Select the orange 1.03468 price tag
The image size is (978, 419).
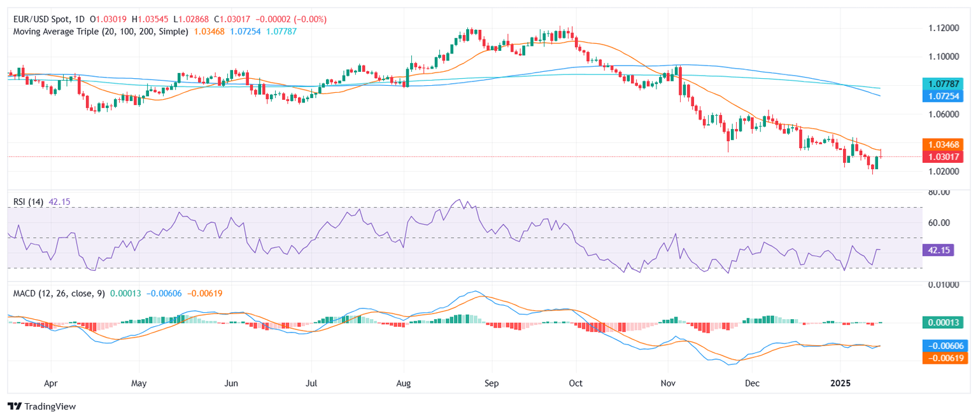944,144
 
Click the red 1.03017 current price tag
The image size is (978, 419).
944,156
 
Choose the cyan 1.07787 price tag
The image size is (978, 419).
944,83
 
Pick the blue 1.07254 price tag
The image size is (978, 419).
944,95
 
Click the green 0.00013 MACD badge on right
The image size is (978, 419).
944,322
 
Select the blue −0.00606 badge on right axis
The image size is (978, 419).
944,346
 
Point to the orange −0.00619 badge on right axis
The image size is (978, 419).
944,358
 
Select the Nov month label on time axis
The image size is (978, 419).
668,383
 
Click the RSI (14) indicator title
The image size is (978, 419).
29,202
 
